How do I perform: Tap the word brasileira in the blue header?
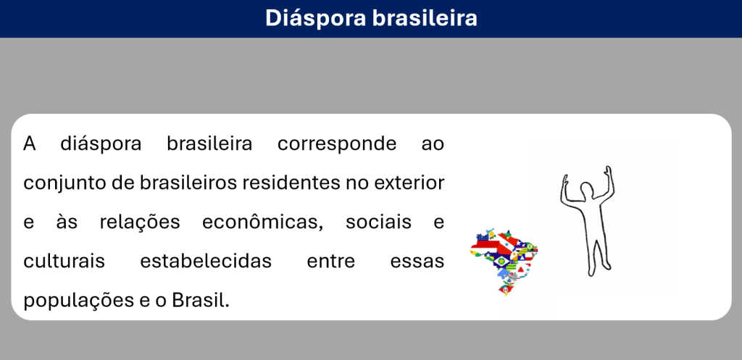(425, 18)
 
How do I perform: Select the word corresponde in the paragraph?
(337, 144)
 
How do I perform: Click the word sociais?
(378, 222)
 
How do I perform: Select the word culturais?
(64, 261)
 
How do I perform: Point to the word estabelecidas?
(206, 261)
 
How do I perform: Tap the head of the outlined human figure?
(587, 191)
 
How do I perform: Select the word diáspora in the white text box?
(101, 144)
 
